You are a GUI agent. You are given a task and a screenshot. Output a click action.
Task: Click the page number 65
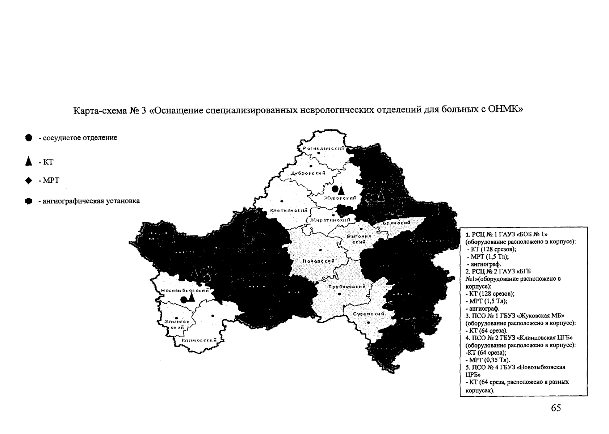(x=556, y=408)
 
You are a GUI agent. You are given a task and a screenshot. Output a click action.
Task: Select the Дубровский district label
(x=308, y=173)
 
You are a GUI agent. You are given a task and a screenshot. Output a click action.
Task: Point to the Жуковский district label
(x=340, y=198)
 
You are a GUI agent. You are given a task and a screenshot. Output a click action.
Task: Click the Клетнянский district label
(x=289, y=210)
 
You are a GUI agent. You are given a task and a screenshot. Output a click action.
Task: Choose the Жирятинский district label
(x=330, y=220)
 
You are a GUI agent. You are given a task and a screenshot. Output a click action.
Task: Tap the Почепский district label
(x=319, y=261)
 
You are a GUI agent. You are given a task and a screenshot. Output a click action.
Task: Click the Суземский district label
(x=368, y=314)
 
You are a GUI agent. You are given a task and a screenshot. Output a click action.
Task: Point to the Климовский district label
(x=199, y=340)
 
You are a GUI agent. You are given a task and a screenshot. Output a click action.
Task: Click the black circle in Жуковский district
(x=335, y=189)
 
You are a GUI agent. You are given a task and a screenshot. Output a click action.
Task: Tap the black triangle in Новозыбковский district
(x=191, y=297)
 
